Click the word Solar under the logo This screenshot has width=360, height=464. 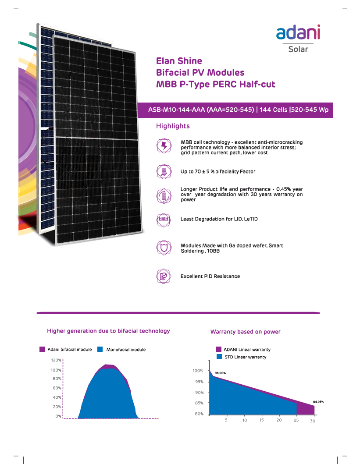(298, 49)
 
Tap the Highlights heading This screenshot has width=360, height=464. (173, 126)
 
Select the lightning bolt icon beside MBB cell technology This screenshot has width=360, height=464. (163, 146)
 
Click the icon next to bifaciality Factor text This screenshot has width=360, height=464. (163, 171)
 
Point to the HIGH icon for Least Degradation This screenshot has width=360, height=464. (163, 219)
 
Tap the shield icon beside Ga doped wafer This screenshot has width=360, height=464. (163, 248)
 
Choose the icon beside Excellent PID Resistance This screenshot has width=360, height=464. (163, 276)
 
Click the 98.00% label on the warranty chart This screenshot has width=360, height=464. (220, 373)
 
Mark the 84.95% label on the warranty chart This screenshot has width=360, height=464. (318, 401)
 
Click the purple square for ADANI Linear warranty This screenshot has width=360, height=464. (219, 350)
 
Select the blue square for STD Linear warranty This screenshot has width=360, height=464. (219, 357)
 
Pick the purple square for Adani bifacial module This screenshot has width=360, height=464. (42, 350)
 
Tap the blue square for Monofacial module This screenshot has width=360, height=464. (100, 350)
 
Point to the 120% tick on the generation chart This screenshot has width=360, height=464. (56, 361)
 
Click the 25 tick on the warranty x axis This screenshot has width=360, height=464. (296, 421)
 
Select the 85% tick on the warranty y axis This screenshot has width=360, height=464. (199, 403)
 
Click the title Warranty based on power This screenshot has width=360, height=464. (245, 332)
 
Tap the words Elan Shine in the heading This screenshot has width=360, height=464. (179, 61)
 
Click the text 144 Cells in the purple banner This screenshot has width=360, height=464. (274, 110)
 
